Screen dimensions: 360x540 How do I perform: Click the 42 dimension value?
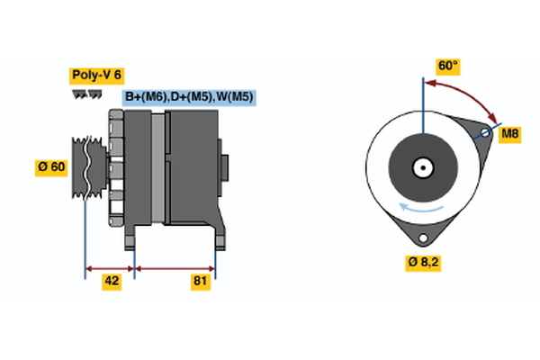[x=112, y=281]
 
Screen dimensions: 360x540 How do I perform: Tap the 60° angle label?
[x=447, y=66]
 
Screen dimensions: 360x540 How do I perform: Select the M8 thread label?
[x=510, y=134]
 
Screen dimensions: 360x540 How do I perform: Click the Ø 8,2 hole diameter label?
[x=423, y=263]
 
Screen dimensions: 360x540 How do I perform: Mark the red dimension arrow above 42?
[x=109, y=268]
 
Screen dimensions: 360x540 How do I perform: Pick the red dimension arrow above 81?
[x=175, y=268]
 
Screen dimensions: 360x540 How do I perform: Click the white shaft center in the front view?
[x=421, y=167]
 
